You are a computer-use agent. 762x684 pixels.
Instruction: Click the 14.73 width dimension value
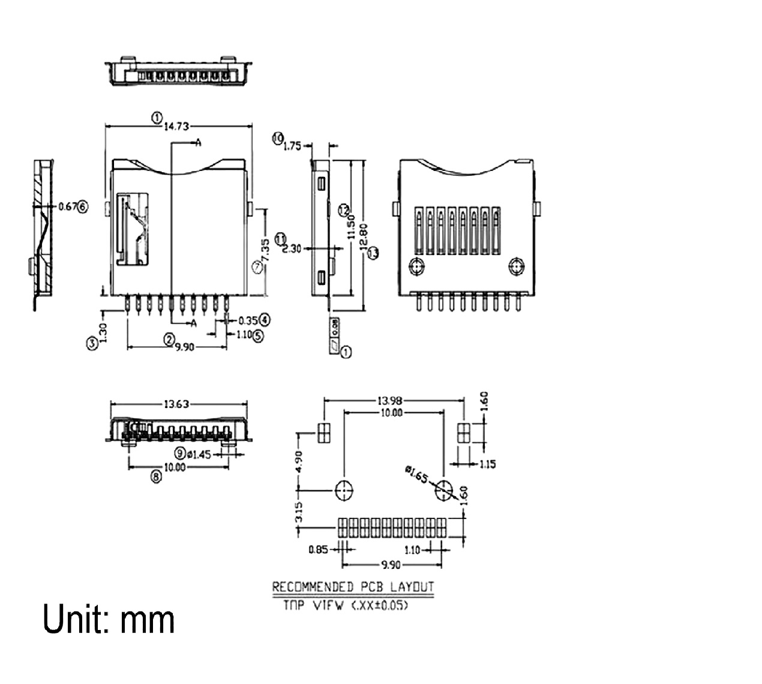177,127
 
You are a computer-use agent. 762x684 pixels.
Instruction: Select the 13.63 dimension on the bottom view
177,404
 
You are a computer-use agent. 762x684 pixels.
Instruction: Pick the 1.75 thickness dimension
292,145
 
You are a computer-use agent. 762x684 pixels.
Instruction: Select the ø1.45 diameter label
199,454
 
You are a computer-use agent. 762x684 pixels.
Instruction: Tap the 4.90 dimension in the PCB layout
300,461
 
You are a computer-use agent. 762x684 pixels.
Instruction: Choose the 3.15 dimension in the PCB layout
300,512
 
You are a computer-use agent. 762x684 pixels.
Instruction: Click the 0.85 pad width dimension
318,549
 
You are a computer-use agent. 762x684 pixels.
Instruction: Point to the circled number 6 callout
83,206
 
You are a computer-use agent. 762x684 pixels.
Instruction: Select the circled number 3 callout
91,343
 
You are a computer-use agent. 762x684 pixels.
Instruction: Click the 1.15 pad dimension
487,464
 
